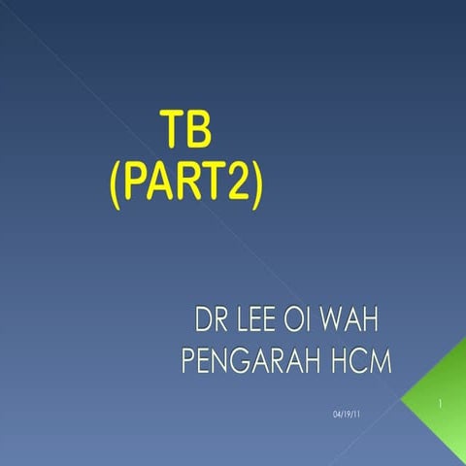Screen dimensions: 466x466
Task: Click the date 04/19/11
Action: click(345, 415)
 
